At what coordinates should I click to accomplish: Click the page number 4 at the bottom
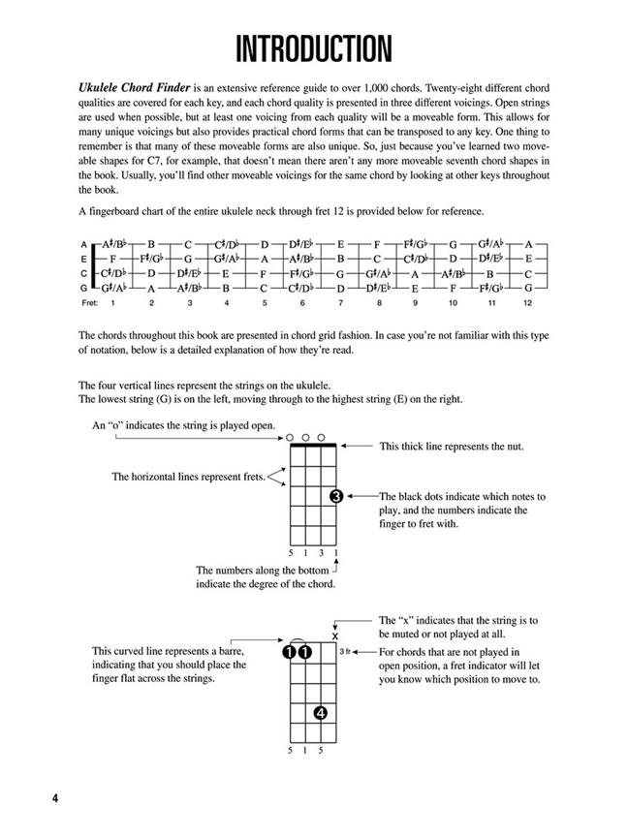tap(30, 797)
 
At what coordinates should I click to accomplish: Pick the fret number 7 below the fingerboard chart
tap(301, 303)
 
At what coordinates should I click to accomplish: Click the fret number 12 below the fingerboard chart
tap(527, 303)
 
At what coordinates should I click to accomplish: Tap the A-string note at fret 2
tap(151, 244)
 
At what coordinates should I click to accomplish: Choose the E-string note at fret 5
tap(264, 259)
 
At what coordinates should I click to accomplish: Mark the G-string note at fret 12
tap(527, 288)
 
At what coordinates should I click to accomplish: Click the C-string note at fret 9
tap(414, 273)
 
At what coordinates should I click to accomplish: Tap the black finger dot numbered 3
tap(335, 497)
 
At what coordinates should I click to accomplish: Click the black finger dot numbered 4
tap(321, 714)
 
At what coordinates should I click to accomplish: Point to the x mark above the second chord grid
tap(335, 635)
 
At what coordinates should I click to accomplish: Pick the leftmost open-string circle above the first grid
tap(292, 438)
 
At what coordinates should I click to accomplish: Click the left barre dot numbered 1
tap(292, 653)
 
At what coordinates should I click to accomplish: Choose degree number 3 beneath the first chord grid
tap(321, 554)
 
